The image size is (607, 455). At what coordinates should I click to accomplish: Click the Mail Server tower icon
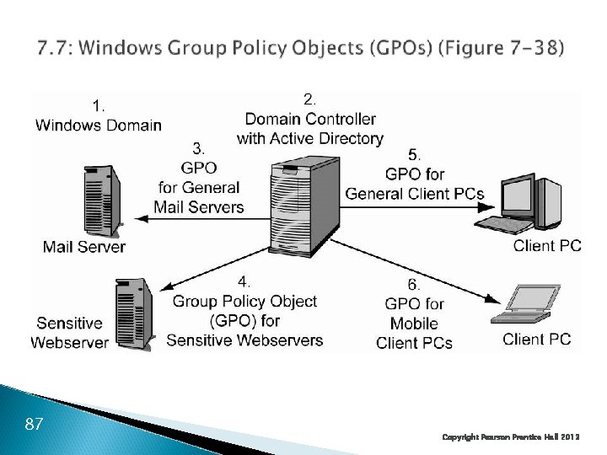pyautogui.click(x=103, y=201)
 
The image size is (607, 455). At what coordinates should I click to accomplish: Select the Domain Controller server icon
pyautogui.click(x=304, y=206)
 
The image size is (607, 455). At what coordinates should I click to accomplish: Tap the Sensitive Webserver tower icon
pyautogui.click(x=134, y=313)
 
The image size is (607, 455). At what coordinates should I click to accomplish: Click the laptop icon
pyautogui.click(x=525, y=303)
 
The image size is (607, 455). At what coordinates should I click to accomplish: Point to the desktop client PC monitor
pyautogui.click(x=518, y=198)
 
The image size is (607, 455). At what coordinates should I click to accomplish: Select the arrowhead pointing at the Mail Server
pyautogui.click(x=142, y=219)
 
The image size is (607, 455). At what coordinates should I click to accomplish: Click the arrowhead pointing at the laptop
pyautogui.click(x=492, y=298)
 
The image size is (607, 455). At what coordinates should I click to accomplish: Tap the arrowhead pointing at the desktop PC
pyautogui.click(x=486, y=207)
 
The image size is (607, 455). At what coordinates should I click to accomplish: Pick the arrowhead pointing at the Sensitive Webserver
pyautogui.click(x=167, y=286)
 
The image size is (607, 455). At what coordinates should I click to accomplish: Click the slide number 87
pyautogui.click(x=34, y=424)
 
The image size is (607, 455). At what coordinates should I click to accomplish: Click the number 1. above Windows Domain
pyautogui.click(x=99, y=106)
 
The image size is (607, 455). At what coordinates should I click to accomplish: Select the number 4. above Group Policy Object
pyautogui.click(x=244, y=281)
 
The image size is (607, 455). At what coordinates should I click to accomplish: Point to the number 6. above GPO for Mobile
pyautogui.click(x=413, y=285)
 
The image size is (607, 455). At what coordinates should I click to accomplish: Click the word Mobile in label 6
pyautogui.click(x=414, y=324)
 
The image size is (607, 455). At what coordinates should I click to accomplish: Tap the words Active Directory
pyautogui.click(x=327, y=138)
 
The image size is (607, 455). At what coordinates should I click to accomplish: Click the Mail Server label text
pyautogui.click(x=84, y=247)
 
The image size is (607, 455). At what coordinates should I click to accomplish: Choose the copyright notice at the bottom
pyautogui.click(x=511, y=437)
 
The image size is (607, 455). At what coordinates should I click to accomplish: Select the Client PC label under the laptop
pyautogui.click(x=536, y=340)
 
